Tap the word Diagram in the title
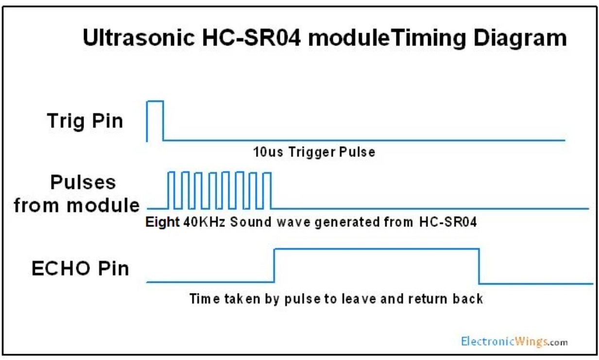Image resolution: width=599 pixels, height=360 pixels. [x=520, y=39]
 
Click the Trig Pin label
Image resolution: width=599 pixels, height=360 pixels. [x=85, y=121]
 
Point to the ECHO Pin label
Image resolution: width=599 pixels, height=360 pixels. [x=80, y=268]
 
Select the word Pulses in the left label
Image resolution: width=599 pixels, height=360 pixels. [x=83, y=182]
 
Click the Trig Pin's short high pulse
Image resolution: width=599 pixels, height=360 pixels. [x=155, y=101]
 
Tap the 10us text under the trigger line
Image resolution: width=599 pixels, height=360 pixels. [x=268, y=152]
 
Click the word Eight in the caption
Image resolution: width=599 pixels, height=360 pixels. [x=162, y=222]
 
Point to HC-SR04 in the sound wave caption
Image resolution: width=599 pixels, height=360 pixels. [x=448, y=222]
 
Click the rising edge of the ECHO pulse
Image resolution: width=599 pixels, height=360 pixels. [x=274, y=265]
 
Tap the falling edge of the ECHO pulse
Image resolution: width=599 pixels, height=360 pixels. [x=479, y=266]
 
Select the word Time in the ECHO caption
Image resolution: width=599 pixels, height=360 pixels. [x=205, y=299]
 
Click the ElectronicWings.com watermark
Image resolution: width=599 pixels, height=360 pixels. [x=514, y=342]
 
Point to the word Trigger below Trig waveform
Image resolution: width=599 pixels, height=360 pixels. [x=311, y=153]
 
